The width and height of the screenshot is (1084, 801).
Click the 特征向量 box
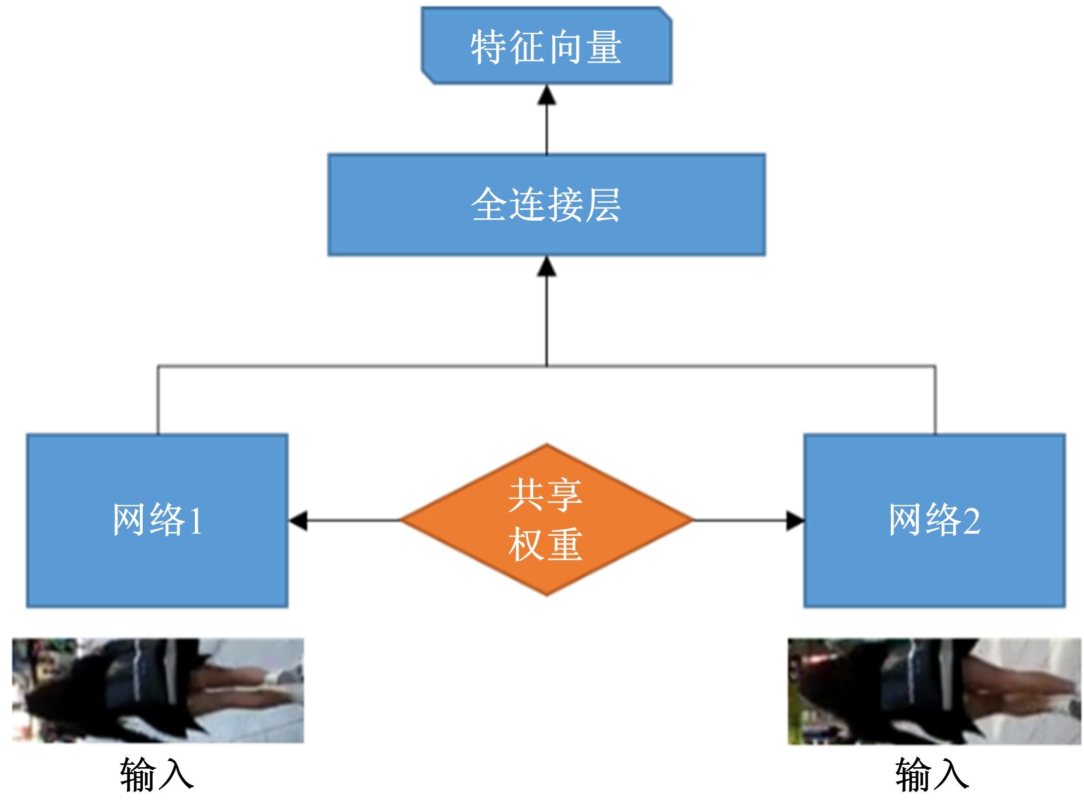click(x=546, y=46)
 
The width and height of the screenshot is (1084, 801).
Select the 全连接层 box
click(x=546, y=204)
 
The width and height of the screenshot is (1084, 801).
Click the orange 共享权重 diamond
click(x=546, y=519)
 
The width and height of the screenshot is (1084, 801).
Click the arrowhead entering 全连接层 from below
click(x=547, y=266)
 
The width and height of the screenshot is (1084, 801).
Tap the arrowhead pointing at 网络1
click(x=298, y=520)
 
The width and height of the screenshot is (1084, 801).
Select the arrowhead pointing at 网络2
click(x=795, y=520)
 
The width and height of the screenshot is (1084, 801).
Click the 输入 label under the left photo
click(x=157, y=774)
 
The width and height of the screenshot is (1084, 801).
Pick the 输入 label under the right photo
click(x=932, y=774)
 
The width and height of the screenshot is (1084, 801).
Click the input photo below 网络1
click(x=158, y=690)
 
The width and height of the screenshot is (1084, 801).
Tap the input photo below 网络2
click(x=934, y=691)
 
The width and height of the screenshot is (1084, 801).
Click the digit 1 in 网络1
click(x=196, y=521)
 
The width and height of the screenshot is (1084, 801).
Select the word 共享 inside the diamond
click(x=545, y=494)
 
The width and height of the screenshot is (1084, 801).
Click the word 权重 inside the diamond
click(x=545, y=545)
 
